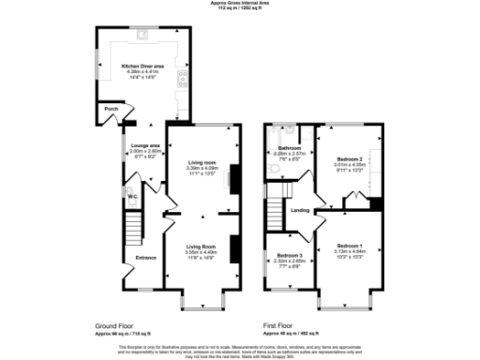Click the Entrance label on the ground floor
(x=146, y=256)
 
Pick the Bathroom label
(x=288, y=148)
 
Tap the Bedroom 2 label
(x=348, y=160)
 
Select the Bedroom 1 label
(x=349, y=245)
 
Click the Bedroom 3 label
(x=289, y=255)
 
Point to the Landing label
(x=300, y=210)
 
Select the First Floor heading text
(x=281, y=327)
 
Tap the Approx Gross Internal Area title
(x=240, y=3)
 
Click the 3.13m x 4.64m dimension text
(x=349, y=250)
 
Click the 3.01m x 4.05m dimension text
(x=348, y=166)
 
